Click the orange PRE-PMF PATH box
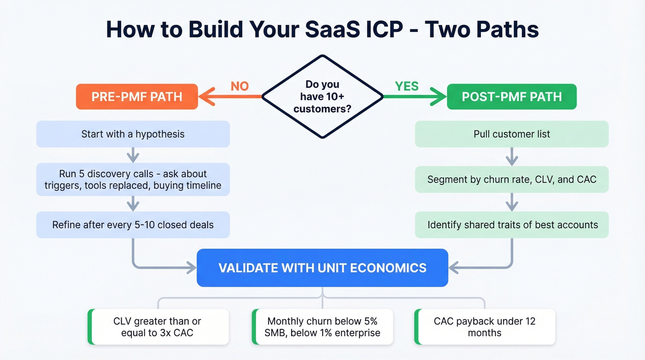coord(137,97)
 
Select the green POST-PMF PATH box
coord(511,97)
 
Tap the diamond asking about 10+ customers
coord(322,97)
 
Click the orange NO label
coord(240,86)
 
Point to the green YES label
coord(407,86)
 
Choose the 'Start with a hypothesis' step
coord(133,134)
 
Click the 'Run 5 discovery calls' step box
coord(133,179)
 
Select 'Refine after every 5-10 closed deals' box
coord(133,225)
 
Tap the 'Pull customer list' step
coord(511,134)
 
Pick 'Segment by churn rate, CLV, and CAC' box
coord(511,179)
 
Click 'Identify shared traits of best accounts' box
coord(511,225)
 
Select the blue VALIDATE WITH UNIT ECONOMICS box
coord(322,268)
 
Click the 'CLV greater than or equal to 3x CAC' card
coord(158,327)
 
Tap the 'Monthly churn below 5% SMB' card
coord(322,327)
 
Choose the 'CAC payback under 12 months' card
coord(485,327)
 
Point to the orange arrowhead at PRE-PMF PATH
coord(206,97)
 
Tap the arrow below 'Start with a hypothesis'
coord(133,155)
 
